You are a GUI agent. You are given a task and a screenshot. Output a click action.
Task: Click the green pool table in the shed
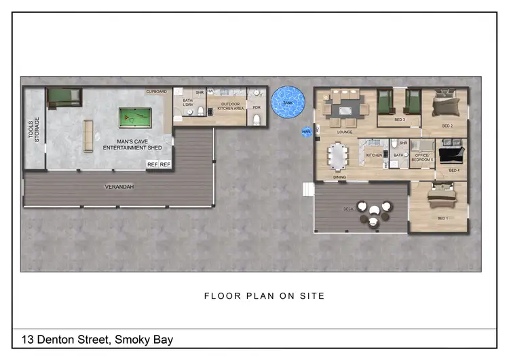[136, 118]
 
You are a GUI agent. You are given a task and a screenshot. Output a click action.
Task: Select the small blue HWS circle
[307, 132]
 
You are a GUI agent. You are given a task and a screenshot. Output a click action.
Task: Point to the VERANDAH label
[117, 186]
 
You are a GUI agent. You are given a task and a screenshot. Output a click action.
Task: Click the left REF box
[153, 164]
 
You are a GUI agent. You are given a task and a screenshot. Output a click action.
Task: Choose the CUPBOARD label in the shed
[156, 92]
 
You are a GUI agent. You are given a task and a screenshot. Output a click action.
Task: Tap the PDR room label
[257, 107]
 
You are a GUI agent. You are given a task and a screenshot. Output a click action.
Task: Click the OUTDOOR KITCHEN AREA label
[226, 106]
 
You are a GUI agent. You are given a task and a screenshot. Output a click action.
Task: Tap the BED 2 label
[447, 126]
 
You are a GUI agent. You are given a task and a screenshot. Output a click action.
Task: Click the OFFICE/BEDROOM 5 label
[421, 158]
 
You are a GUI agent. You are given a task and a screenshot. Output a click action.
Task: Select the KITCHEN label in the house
[374, 156]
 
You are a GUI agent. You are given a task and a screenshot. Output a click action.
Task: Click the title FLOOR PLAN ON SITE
[264, 295]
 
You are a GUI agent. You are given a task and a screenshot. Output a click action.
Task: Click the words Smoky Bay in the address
[144, 339]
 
